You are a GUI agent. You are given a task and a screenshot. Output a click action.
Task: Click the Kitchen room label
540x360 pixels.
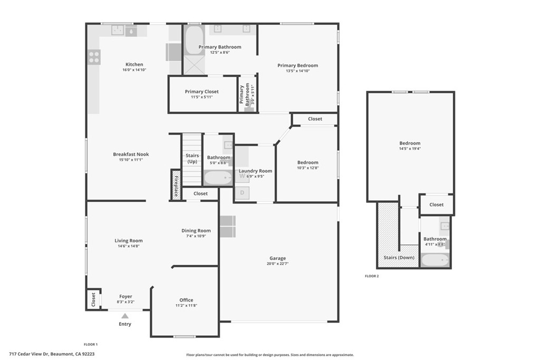(134, 64)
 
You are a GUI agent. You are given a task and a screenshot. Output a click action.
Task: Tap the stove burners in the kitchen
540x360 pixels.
(94, 57)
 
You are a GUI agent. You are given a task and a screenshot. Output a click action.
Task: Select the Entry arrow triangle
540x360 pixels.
(125, 316)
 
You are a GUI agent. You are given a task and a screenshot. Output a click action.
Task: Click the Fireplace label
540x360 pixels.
(176, 184)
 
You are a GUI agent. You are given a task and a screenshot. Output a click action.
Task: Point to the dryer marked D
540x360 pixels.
(242, 193)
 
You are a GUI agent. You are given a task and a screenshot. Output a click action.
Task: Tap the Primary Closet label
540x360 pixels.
(201, 92)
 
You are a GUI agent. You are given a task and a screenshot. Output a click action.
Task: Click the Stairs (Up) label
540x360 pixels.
(192, 158)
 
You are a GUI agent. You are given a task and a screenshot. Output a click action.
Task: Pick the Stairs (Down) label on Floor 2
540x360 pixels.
(398, 258)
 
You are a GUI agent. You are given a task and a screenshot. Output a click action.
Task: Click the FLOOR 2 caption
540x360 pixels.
(372, 276)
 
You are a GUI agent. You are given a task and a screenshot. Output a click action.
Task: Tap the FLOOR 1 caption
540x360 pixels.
(91, 344)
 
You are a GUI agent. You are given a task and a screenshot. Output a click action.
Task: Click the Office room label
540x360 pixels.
(186, 300)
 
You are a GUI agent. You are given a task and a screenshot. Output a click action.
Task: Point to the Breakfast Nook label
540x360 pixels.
(131, 154)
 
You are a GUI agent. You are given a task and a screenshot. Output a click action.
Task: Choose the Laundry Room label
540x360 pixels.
(255, 171)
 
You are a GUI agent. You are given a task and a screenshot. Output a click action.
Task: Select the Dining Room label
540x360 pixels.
(196, 230)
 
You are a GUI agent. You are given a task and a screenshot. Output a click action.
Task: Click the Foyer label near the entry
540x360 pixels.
(126, 296)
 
